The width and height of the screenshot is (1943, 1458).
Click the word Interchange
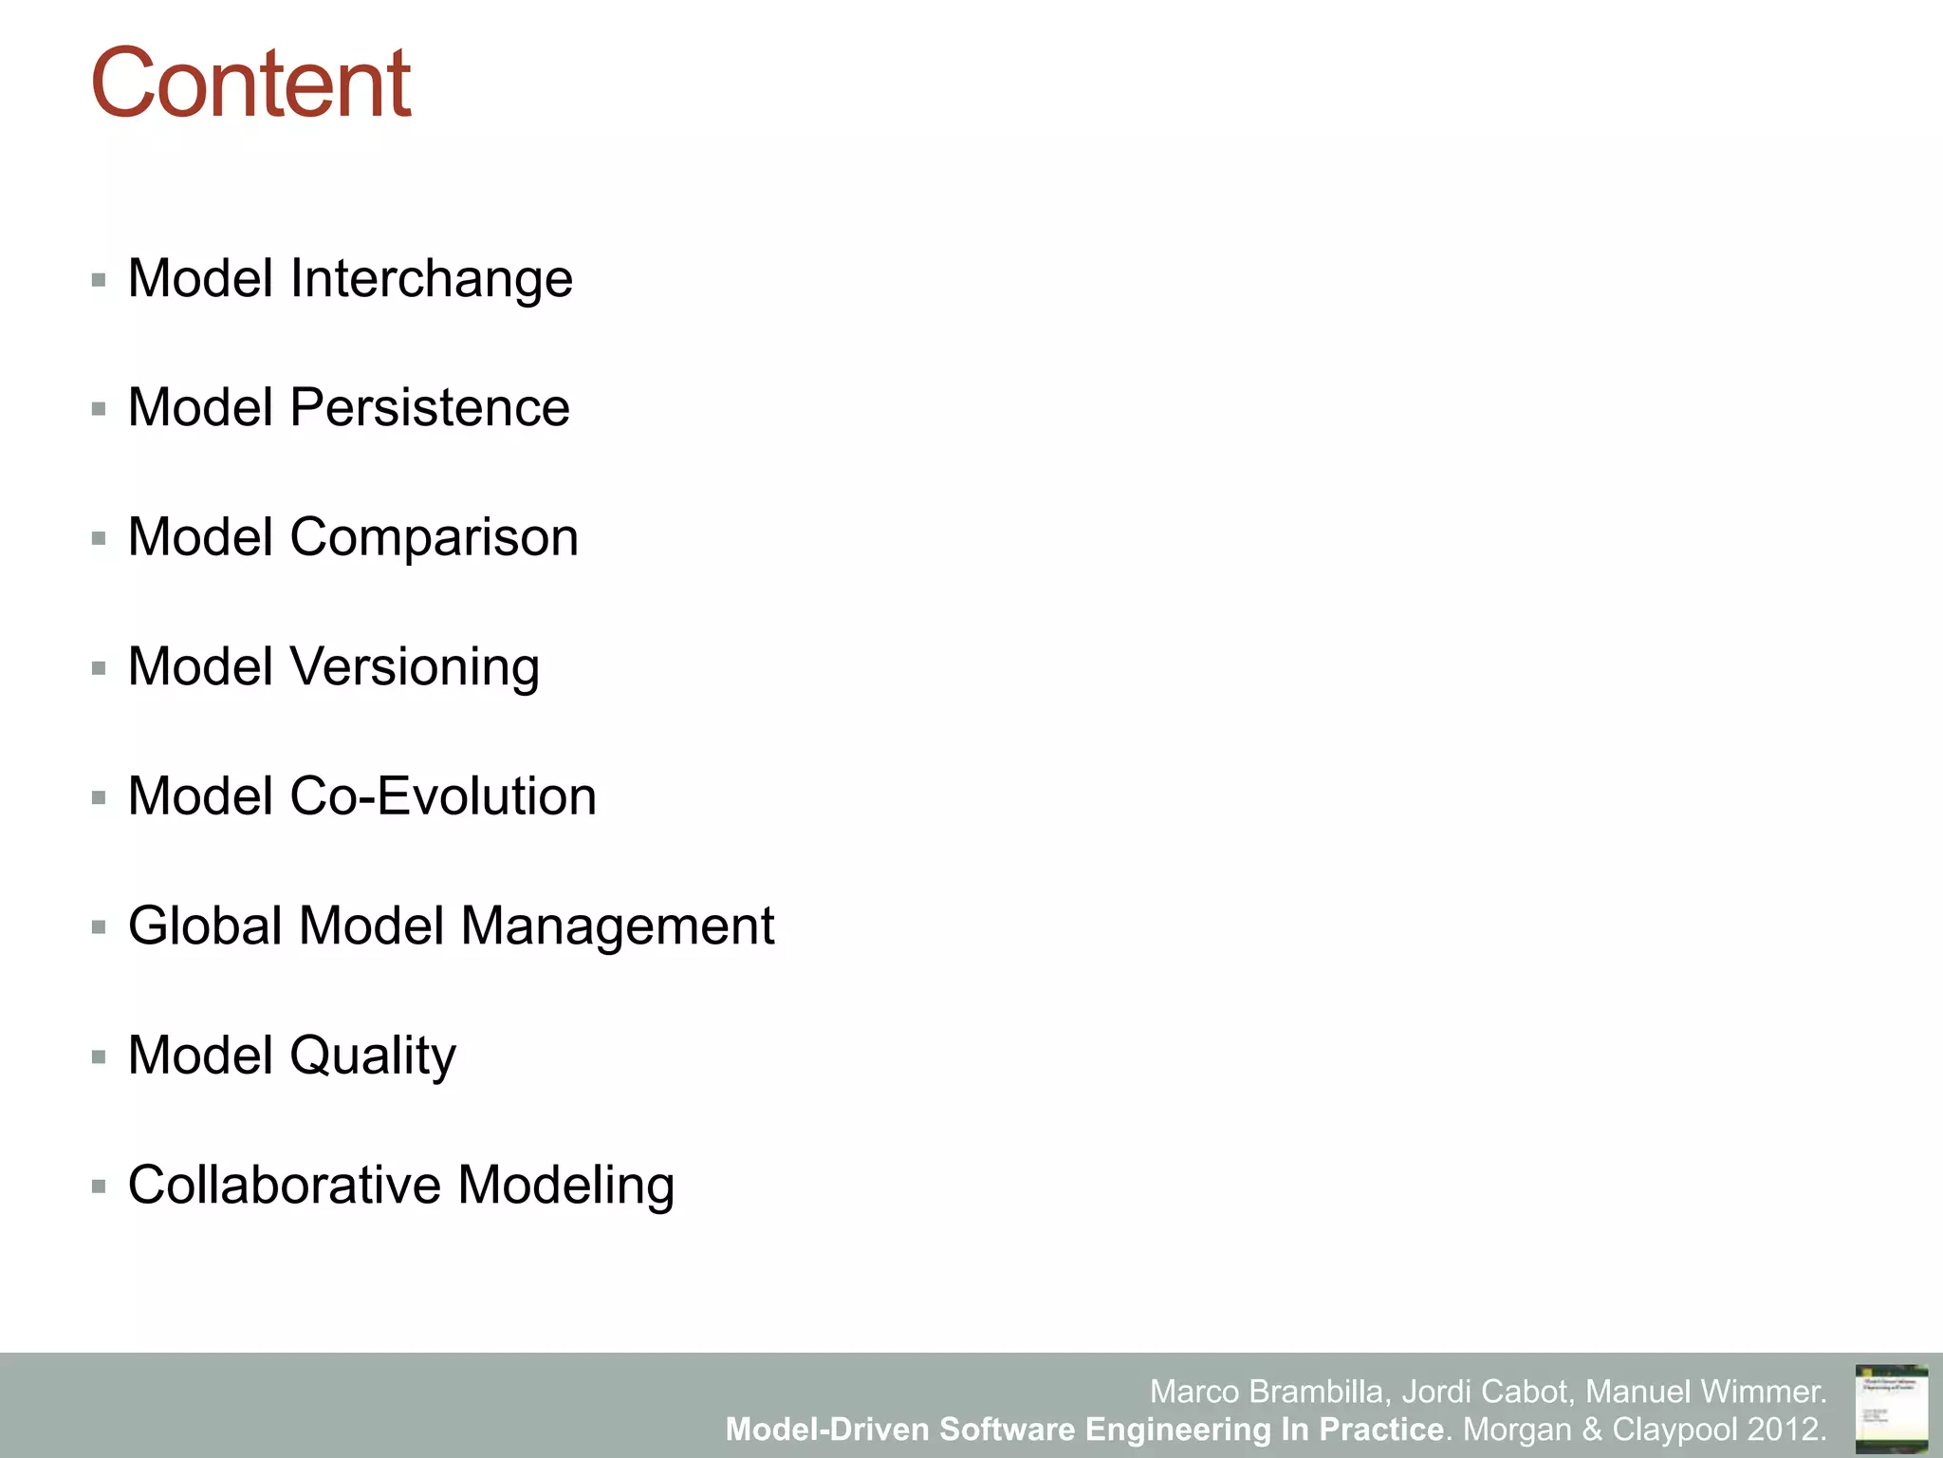pos(431,278)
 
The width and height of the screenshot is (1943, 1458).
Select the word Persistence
pos(429,407)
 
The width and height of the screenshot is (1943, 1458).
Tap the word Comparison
pos(434,537)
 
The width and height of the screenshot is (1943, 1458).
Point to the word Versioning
pos(415,666)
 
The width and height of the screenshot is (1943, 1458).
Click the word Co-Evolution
pos(442,795)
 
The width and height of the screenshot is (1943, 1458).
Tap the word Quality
pos(372,1056)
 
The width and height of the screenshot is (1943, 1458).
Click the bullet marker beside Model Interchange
pos(99,280)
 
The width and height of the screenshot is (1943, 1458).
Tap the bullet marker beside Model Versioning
pos(99,668)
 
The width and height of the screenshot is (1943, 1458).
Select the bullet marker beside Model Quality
pos(99,1056)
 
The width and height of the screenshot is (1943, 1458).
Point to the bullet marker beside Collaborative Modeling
pos(99,1186)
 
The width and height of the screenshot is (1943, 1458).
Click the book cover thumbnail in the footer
pos(1891,1408)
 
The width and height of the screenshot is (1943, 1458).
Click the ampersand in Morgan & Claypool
pos(1591,1429)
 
